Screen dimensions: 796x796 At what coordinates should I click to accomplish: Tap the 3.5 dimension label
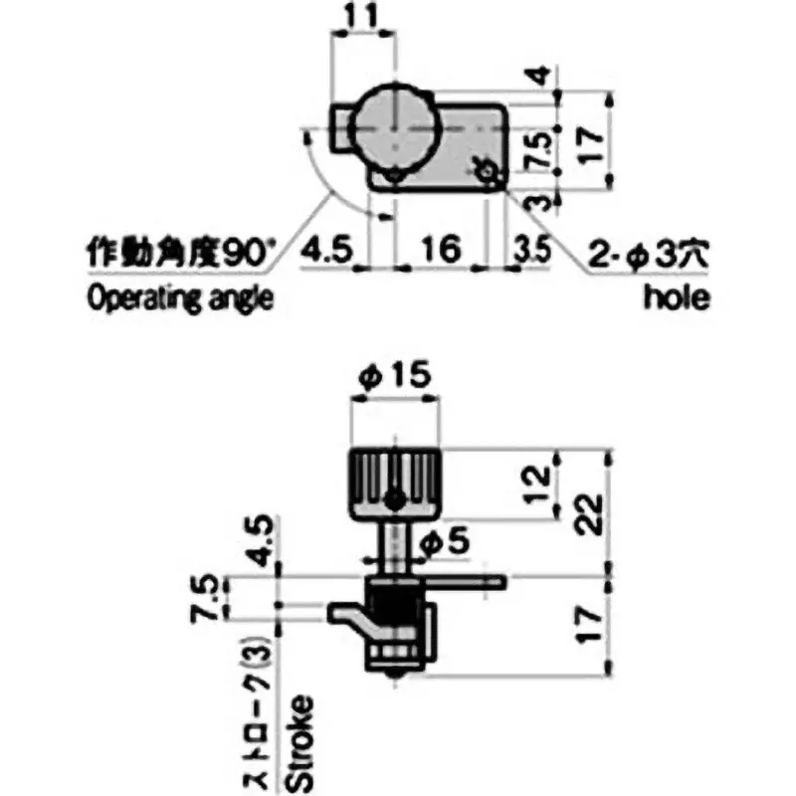pos(532,249)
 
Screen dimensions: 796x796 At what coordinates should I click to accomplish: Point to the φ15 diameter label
pos(395,374)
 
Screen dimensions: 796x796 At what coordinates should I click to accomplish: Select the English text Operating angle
pos(180,298)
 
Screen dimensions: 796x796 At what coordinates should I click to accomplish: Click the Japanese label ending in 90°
pos(180,252)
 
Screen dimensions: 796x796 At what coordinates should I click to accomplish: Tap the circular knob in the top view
pos(395,127)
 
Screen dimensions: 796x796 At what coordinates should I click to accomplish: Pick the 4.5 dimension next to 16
pos(325,248)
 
